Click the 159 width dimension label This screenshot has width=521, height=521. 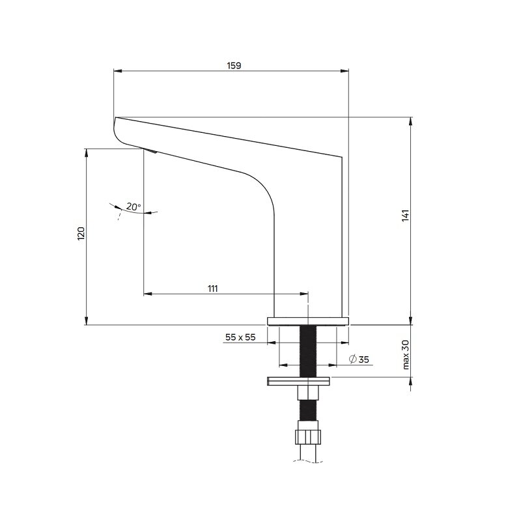(234, 66)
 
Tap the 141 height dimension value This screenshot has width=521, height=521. (406, 216)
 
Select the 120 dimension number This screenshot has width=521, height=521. (81, 234)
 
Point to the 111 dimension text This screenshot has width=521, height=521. (213, 289)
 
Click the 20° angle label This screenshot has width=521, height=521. (134, 206)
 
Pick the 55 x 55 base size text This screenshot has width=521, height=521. (240, 337)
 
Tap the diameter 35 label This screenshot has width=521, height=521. (359, 359)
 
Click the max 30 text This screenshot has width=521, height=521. (406, 354)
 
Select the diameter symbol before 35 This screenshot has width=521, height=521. (353, 359)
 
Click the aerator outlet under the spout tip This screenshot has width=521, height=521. (150, 151)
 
